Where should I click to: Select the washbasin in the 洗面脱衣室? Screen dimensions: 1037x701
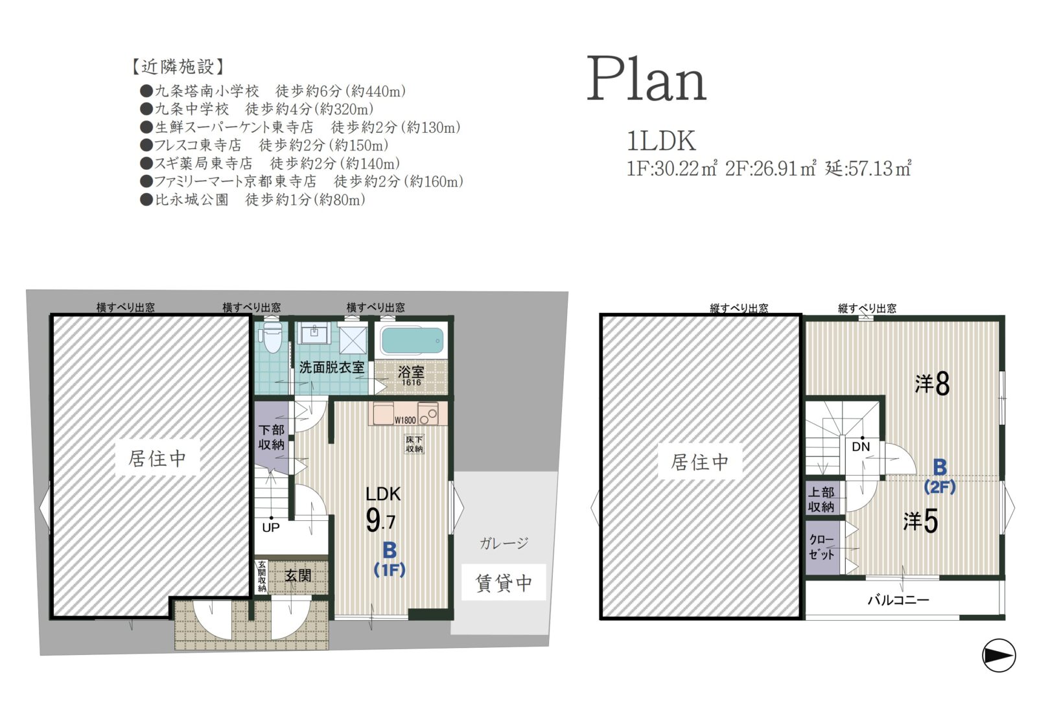point(314,333)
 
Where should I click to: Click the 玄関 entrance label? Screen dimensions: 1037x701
point(297,575)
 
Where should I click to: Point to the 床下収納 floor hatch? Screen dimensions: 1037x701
point(414,444)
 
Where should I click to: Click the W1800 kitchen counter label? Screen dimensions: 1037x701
point(405,420)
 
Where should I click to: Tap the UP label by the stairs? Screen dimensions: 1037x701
point(271,527)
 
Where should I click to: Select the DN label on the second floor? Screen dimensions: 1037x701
point(861,446)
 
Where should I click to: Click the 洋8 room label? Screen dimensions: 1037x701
point(932,384)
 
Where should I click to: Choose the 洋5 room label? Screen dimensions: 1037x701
point(920,521)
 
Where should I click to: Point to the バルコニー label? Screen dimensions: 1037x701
point(898,600)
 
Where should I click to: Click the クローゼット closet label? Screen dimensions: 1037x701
point(821,547)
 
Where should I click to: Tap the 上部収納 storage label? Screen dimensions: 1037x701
point(821,500)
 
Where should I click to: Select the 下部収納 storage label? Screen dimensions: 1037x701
point(272,437)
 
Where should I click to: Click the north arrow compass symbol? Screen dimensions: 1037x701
point(999,655)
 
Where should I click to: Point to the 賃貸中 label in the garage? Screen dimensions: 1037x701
point(504,583)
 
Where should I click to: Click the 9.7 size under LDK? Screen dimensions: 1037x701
point(380,520)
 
